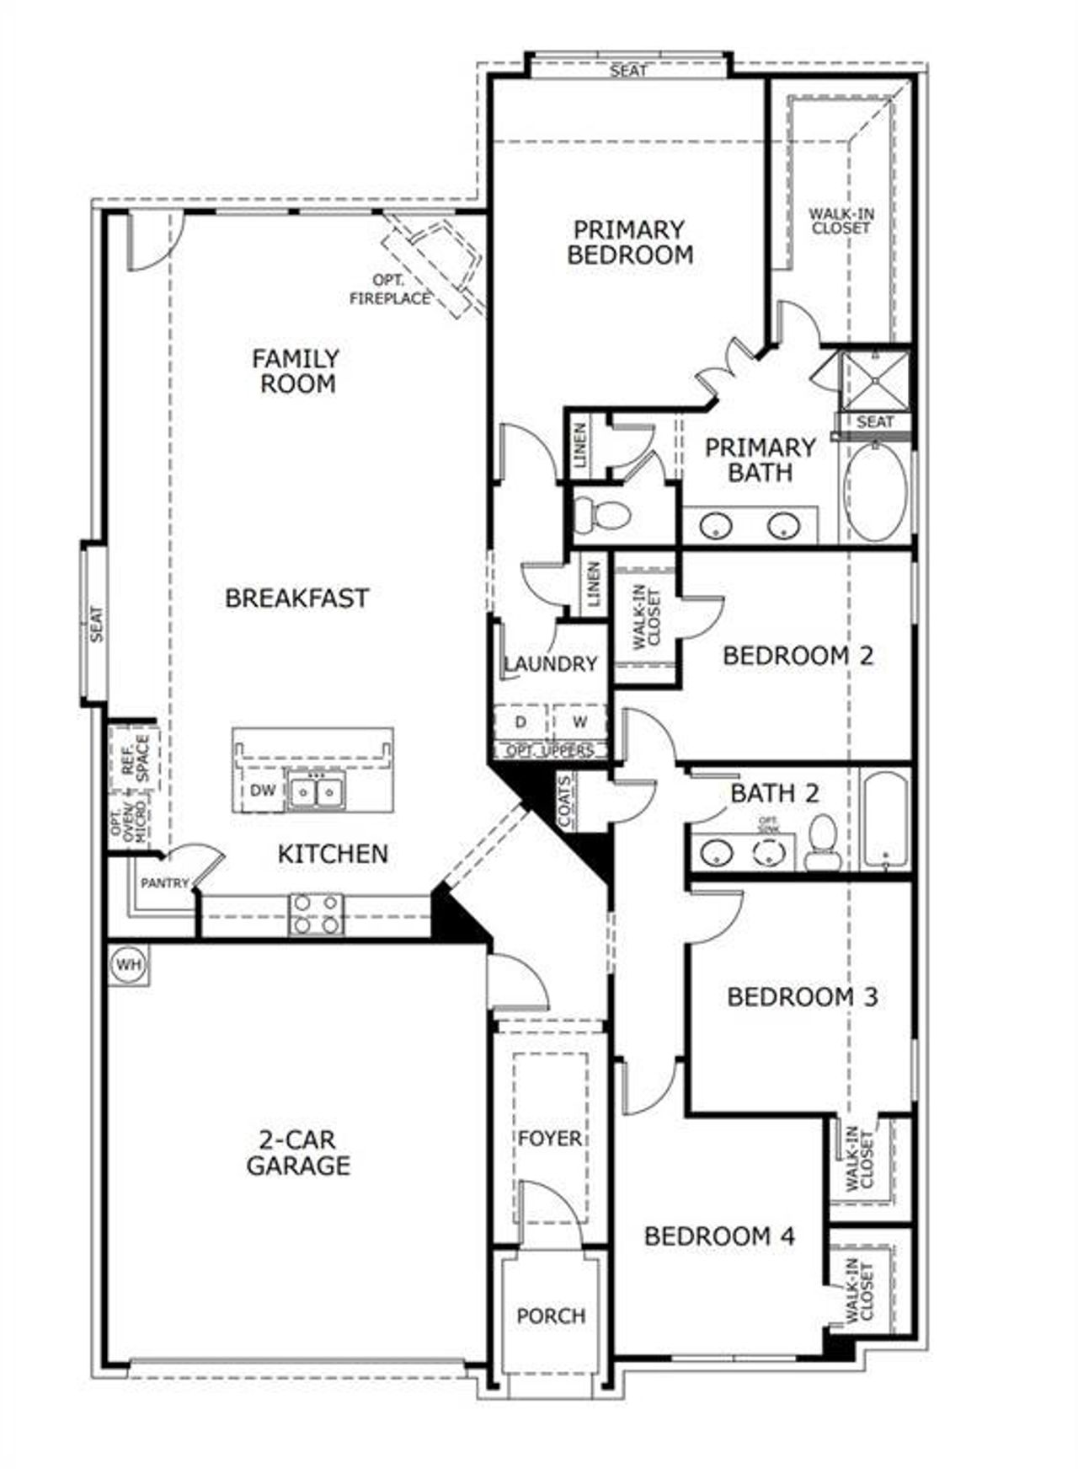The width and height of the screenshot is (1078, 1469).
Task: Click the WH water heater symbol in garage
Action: (x=128, y=963)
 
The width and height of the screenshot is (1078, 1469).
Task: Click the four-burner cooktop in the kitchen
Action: (x=316, y=914)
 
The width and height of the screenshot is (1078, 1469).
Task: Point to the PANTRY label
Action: (x=164, y=883)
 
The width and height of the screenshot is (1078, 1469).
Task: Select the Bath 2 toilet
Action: (x=819, y=843)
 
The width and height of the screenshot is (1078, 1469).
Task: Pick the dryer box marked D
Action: (x=520, y=722)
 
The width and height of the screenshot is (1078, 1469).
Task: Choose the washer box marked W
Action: (x=579, y=722)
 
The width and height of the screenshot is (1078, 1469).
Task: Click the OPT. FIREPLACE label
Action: (x=390, y=289)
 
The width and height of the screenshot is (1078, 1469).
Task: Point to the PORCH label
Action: (x=551, y=1316)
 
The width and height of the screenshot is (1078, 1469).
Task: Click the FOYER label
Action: (x=550, y=1139)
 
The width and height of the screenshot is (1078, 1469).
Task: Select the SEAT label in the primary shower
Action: (x=875, y=421)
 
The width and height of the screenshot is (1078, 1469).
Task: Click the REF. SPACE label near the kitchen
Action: (x=135, y=757)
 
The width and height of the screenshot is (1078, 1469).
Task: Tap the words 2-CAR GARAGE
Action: (x=297, y=1153)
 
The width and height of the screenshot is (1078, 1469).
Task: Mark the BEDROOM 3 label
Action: (x=802, y=997)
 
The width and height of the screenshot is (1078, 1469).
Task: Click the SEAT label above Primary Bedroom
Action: (x=628, y=71)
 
